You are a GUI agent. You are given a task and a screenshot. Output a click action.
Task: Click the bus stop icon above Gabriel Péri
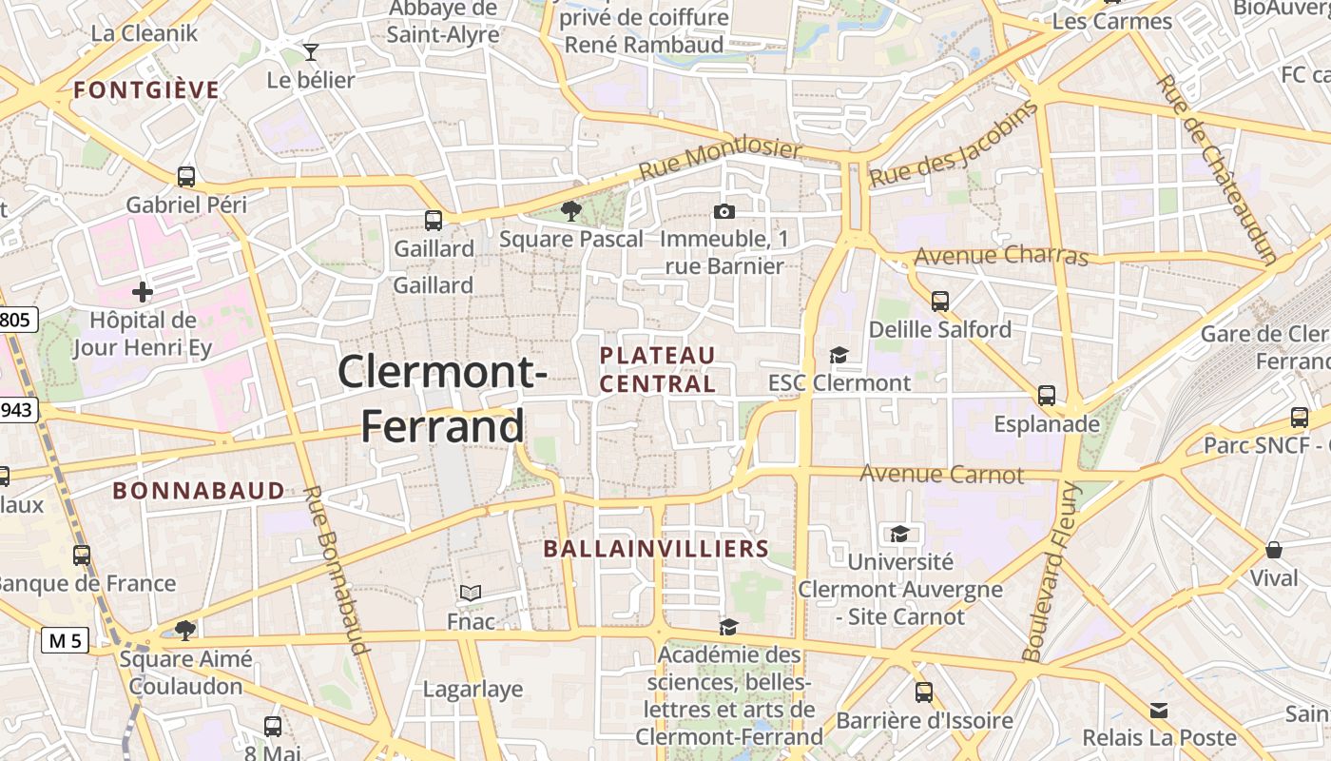[x=186, y=176]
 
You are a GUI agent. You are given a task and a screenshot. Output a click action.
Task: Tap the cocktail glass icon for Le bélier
[x=310, y=51]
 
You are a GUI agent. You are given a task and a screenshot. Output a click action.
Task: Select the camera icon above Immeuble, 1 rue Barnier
[x=723, y=211]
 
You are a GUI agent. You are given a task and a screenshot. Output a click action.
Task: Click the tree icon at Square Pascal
[x=571, y=210]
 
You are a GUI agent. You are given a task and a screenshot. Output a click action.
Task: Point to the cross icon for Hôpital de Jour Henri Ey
[x=143, y=291]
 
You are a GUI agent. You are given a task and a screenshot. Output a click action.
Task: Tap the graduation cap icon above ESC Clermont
[x=839, y=355]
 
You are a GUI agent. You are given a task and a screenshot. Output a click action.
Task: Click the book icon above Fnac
[x=471, y=593]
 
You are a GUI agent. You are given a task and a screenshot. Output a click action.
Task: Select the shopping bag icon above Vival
[x=1273, y=550]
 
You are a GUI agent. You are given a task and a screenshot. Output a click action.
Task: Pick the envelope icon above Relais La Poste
[x=1159, y=710]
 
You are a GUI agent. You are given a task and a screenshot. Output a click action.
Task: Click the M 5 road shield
[x=65, y=640]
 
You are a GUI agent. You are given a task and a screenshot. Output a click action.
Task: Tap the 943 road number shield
[x=17, y=411]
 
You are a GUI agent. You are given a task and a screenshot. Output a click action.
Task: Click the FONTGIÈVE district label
[x=146, y=90]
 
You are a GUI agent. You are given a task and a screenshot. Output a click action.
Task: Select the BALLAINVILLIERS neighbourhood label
[x=655, y=549]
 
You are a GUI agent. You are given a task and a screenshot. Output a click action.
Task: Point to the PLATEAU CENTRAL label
[x=658, y=369]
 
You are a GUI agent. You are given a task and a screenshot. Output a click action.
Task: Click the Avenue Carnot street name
[x=941, y=474]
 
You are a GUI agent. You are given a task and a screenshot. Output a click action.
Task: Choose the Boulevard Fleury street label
[x=1051, y=571]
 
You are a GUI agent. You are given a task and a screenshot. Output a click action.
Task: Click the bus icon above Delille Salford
[x=940, y=302]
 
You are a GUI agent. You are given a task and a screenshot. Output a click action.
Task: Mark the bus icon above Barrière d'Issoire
[x=923, y=693]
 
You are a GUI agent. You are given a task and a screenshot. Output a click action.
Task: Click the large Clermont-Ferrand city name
[x=442, y=399]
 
